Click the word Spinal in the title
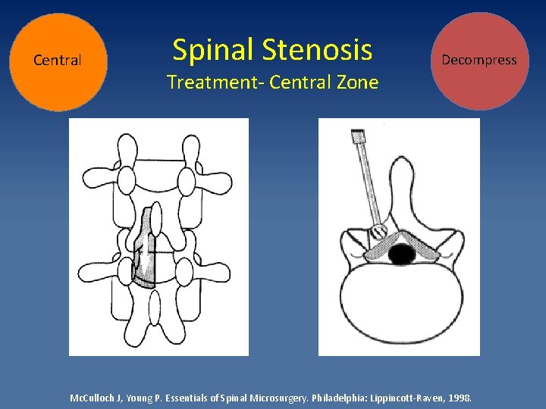click(x=212, y=50)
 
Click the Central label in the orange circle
click(x=58, y=61)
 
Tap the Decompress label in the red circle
click(x=479, y=60)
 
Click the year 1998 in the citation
click(x=460, y=397)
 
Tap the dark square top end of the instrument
click(x=356, y=137)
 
